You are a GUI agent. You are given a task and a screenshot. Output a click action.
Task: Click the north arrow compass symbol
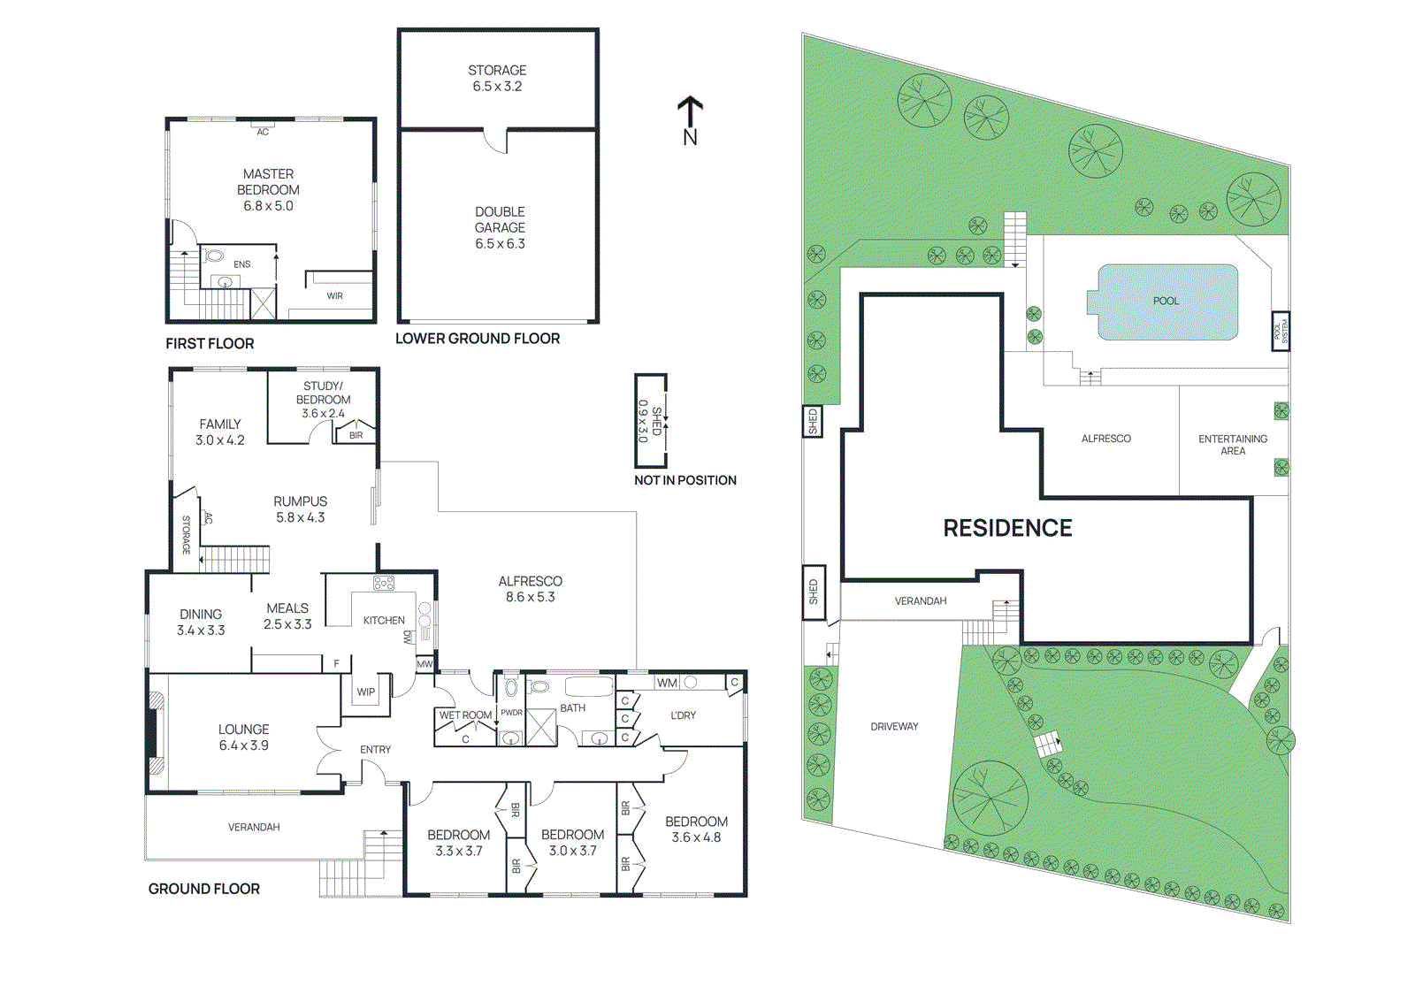tap(690, 119)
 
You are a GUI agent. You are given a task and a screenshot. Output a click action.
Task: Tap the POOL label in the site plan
tap(1166, 302)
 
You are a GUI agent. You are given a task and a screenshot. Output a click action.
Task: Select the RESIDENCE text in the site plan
tap(1007, 528)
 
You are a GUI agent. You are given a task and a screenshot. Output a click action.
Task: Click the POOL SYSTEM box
tap(1280, 332)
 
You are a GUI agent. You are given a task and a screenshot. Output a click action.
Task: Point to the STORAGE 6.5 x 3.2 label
tap(497, 78)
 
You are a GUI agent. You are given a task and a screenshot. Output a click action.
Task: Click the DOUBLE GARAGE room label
tap(500, 227)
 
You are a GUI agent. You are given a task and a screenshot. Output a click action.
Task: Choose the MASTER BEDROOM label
tap(268, 189)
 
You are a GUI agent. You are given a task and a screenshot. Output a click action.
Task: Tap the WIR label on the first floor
tap(334, 296)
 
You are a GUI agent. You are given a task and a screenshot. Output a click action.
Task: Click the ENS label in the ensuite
tap(241, 264)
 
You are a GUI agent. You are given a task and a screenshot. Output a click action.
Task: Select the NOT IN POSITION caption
tap(685, 480)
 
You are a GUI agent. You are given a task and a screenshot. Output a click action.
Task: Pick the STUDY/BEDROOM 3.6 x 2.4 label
tap(323, 400)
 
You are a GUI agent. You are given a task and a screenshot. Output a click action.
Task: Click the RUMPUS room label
tap(300, 508)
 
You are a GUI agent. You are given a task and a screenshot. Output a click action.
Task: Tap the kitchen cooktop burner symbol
tap(383, 584)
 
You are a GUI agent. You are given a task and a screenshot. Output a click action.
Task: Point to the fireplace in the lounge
tap(157, 732)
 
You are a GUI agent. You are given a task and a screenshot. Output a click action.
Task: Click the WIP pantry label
tap(365, 692)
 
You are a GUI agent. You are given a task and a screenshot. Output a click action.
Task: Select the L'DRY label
tap(683, 715)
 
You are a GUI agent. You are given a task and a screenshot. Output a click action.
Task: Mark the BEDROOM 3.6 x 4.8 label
tap(696, 829)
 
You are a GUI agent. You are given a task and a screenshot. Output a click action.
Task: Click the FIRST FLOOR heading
tap(210, 343)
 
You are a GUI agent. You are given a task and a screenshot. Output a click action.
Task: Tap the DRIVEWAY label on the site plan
tap(894, 727)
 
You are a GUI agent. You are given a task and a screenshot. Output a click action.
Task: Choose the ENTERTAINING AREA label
tap(1232, 445)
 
